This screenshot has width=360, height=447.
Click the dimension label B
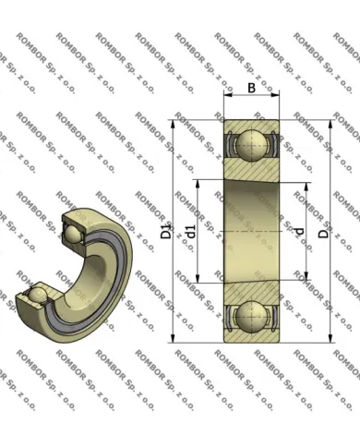[x=251, y=88]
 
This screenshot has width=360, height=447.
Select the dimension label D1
[x=166, y=232]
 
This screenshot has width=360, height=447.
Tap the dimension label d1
[x=191, y=232]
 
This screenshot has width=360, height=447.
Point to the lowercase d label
[x=299, y=231]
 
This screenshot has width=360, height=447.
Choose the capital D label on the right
[x=323, y=233]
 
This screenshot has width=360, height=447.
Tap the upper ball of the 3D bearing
[x=73, y=235]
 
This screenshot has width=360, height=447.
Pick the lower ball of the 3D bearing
[x=38, y=294]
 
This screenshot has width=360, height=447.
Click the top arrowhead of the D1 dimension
[x=173, y=124]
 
